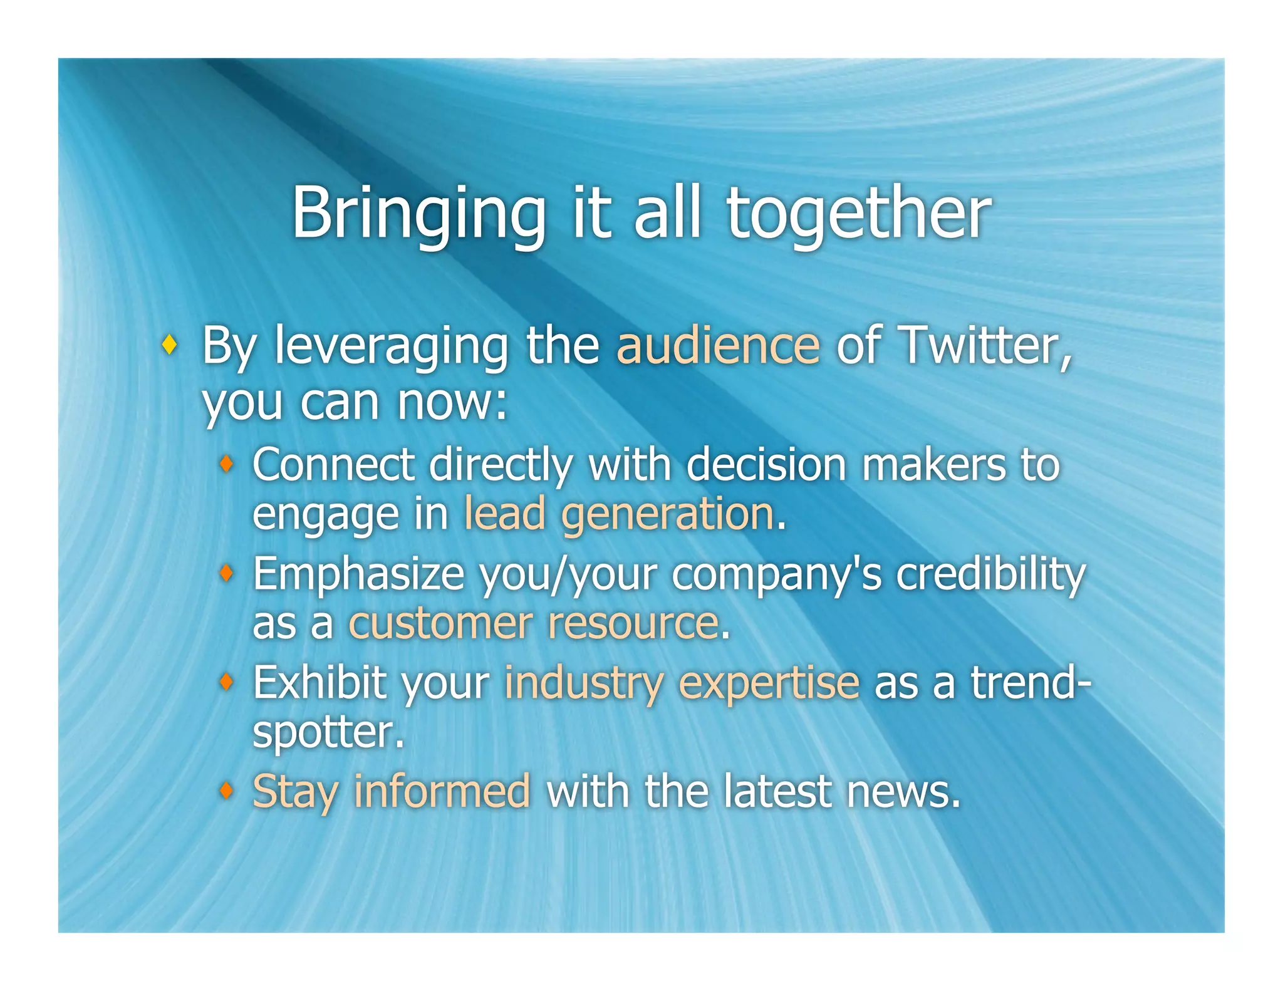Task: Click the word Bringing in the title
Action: pos(418,214)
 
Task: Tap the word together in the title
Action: pos(858,214)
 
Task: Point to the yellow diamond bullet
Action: pos(169,344)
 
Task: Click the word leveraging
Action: pos(391,346)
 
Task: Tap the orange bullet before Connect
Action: pos(227,464)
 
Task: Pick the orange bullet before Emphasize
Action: pos(227,573)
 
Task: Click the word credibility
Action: pos(990,574)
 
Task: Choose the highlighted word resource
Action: pos(633,623)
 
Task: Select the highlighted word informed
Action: pos(442,791)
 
